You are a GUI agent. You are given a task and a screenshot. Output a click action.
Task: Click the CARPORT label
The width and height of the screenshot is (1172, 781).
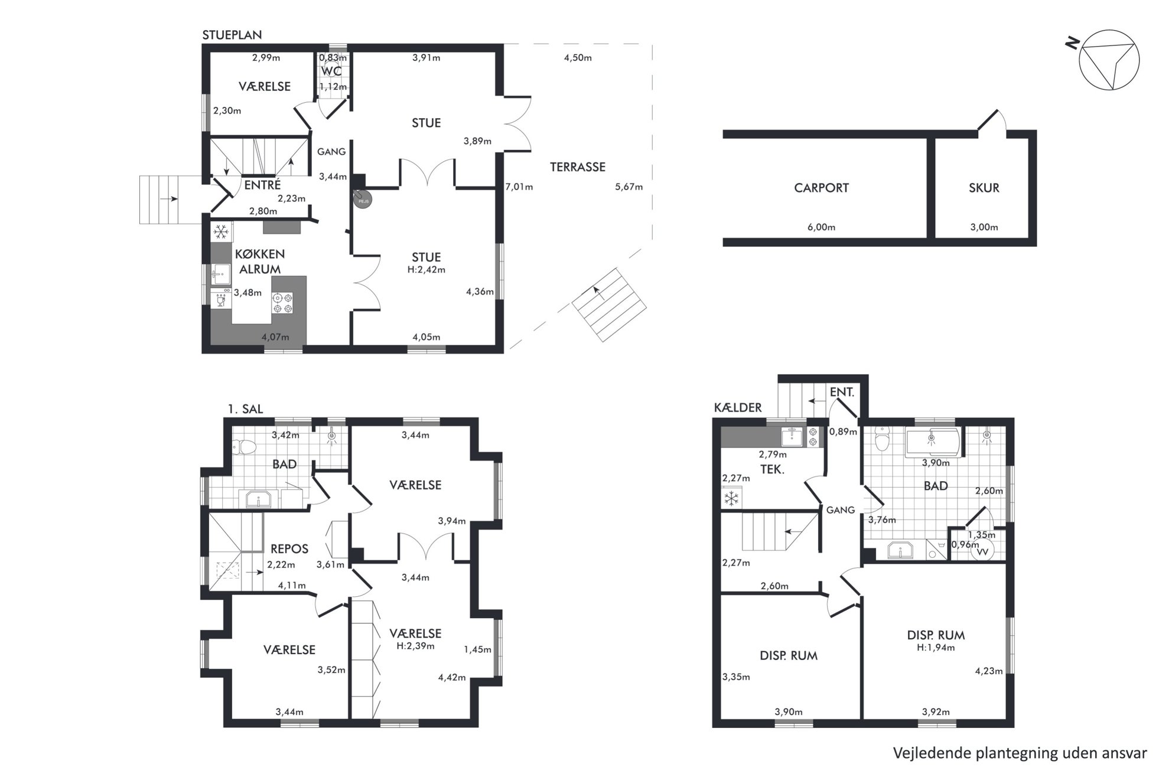(821, 188)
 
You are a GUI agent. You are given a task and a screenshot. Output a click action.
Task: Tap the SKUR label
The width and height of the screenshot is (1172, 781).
(984, 188)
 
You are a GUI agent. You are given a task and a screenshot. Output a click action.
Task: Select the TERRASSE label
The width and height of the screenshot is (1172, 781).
(577, 167)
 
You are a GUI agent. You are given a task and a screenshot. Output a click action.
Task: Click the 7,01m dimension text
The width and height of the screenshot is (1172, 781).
(519, 187)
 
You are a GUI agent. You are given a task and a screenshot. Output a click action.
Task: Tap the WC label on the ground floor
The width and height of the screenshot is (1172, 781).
(331, 71)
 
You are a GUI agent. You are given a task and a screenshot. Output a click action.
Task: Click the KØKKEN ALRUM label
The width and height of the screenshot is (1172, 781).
(260, 262)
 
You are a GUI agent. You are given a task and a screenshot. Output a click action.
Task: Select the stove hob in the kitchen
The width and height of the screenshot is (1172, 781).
(282, 303)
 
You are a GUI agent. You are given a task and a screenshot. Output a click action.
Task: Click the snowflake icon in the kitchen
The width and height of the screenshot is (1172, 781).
(222, 231)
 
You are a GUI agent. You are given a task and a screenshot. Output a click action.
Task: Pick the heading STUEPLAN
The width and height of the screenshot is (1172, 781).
(232, 35)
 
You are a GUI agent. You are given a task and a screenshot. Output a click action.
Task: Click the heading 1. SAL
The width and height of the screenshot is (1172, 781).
(245, 409)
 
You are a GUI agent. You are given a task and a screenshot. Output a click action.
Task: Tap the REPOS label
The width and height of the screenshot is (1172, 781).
(289, 549)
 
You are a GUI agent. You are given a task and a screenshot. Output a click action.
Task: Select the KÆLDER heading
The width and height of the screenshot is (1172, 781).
(738, 407)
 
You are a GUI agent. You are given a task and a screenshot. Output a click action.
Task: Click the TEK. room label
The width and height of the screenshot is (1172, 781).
(772, 470)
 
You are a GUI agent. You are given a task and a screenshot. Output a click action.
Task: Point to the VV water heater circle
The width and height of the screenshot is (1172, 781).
(982, 550)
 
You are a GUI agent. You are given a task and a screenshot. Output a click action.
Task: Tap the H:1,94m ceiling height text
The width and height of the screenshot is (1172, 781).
(936, 648)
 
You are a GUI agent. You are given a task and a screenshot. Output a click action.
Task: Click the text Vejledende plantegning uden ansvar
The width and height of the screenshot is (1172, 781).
(1020, 754)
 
